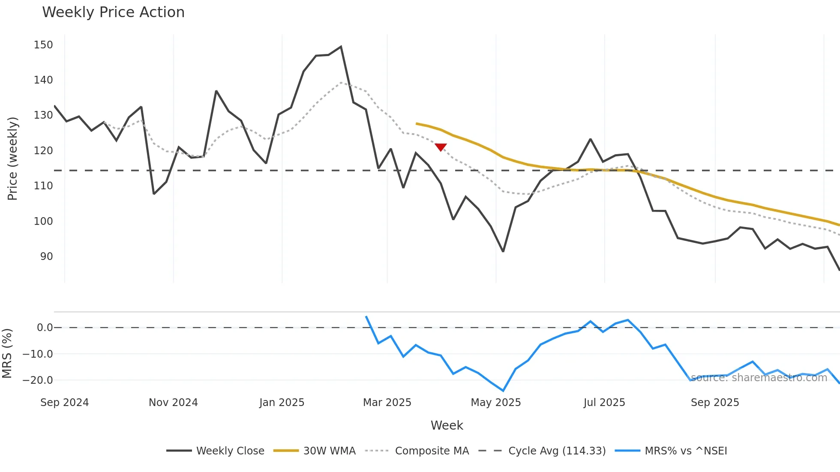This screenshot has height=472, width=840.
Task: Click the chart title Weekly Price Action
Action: point(113,12)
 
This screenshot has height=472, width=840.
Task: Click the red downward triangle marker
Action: point(441,147)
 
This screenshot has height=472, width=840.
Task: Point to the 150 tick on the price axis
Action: point(43,45)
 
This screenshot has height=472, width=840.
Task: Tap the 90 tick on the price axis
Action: point(46,257)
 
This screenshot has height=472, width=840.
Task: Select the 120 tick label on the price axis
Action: point(43,151)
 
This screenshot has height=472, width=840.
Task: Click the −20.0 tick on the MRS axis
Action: point(38,380)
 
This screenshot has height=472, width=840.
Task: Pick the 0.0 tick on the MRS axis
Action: point(45,328)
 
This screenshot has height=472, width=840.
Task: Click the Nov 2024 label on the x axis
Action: point(173,403)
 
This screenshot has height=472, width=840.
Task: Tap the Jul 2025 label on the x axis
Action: point(604,403)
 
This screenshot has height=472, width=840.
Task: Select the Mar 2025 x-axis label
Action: point(387,403)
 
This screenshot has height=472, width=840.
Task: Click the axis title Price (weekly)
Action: point(12,158)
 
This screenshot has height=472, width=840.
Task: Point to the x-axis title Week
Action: point(447,425)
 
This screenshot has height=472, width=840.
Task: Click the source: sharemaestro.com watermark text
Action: point(759,378)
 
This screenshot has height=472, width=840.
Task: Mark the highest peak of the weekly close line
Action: point(341,47)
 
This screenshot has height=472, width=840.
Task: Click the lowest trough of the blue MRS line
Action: point(503,391)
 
